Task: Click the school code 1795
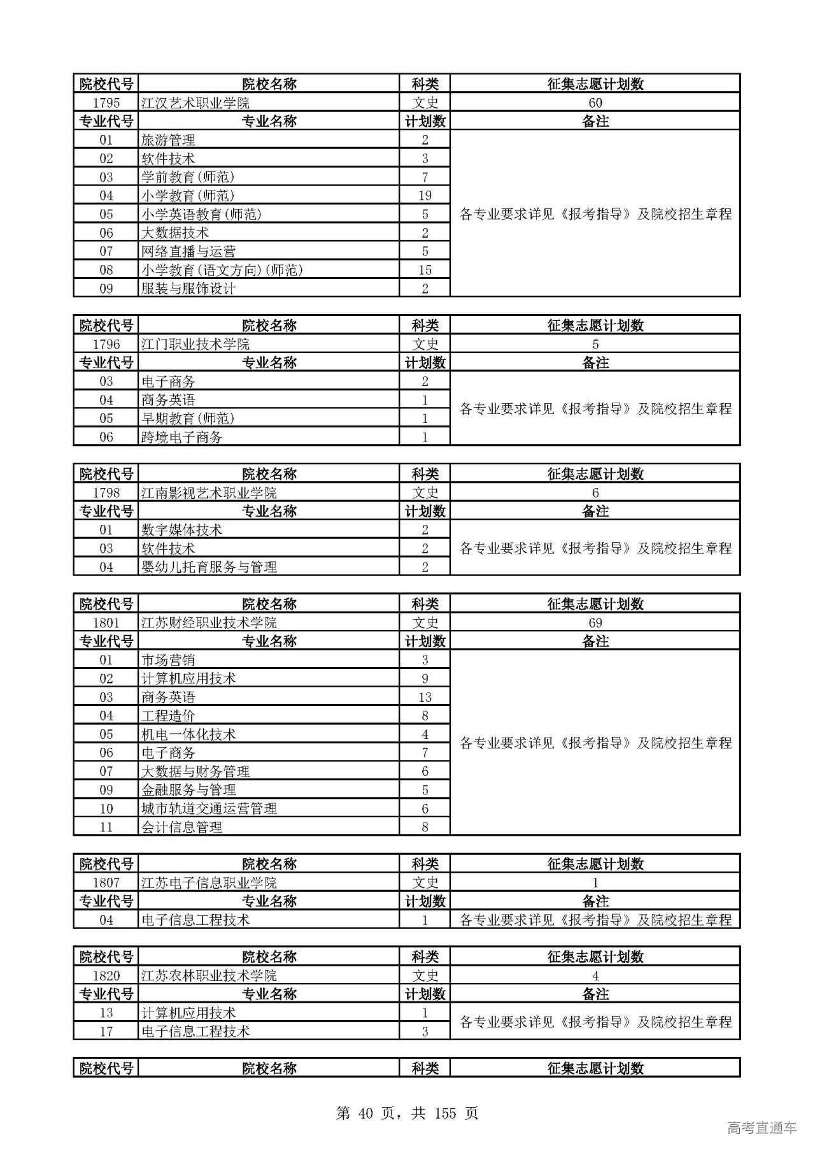point(106,103)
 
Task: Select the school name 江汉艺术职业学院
point(195,103)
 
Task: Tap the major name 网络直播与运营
point(188,251)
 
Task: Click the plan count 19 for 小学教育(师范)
point(425,196)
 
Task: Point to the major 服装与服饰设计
point(188,289)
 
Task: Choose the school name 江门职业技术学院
point(195,344)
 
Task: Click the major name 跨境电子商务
point(181,437)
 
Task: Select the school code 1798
point(106,492)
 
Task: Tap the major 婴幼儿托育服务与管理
point(209,567)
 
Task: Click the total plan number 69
point(595,622)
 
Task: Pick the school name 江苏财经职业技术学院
point(209,622)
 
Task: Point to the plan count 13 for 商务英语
point(425,697)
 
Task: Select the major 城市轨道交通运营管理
point(209,808)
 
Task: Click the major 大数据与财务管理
point(195,771)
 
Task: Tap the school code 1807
point(106,882)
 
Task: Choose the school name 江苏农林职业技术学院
point(209,975)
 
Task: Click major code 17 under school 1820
point(106,1031)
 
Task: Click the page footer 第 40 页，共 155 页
point(407,1113)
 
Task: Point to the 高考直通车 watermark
point(762,1128)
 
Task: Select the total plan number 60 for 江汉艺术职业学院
point(595,103)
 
